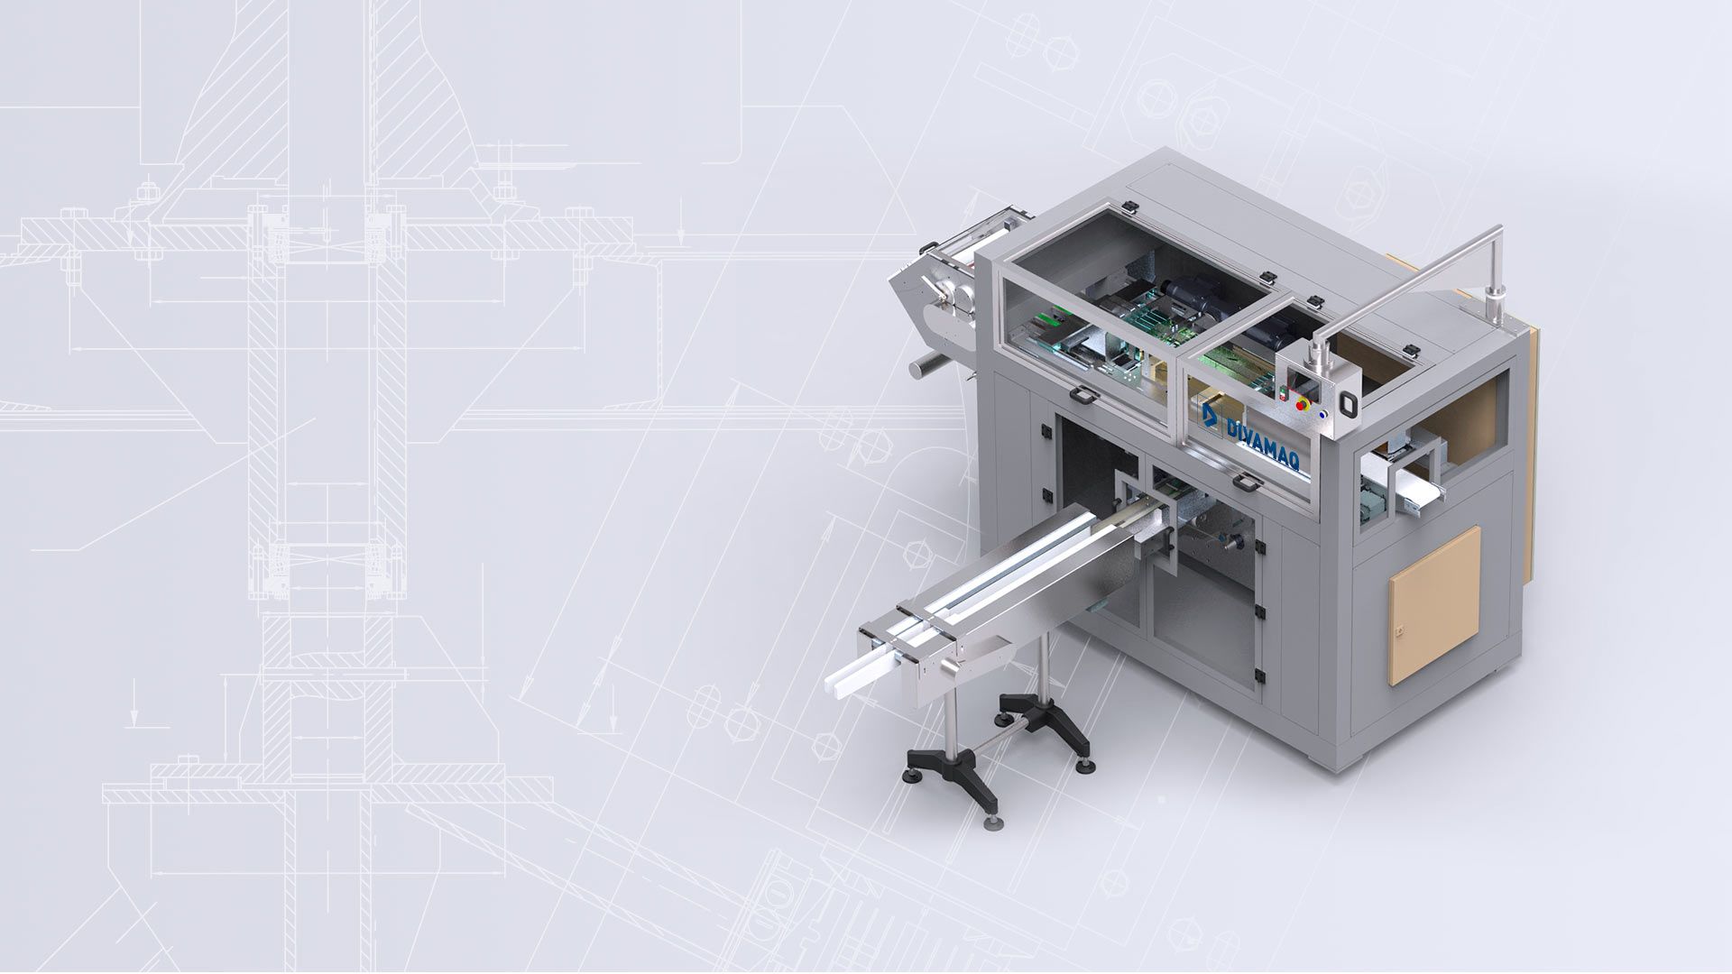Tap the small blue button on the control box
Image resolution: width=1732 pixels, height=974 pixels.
click(x=1322, y=415)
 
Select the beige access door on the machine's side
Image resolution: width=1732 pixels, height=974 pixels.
click(x=1434, y=605)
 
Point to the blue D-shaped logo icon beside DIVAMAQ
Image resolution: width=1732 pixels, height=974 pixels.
click(x=1210, y=416)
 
